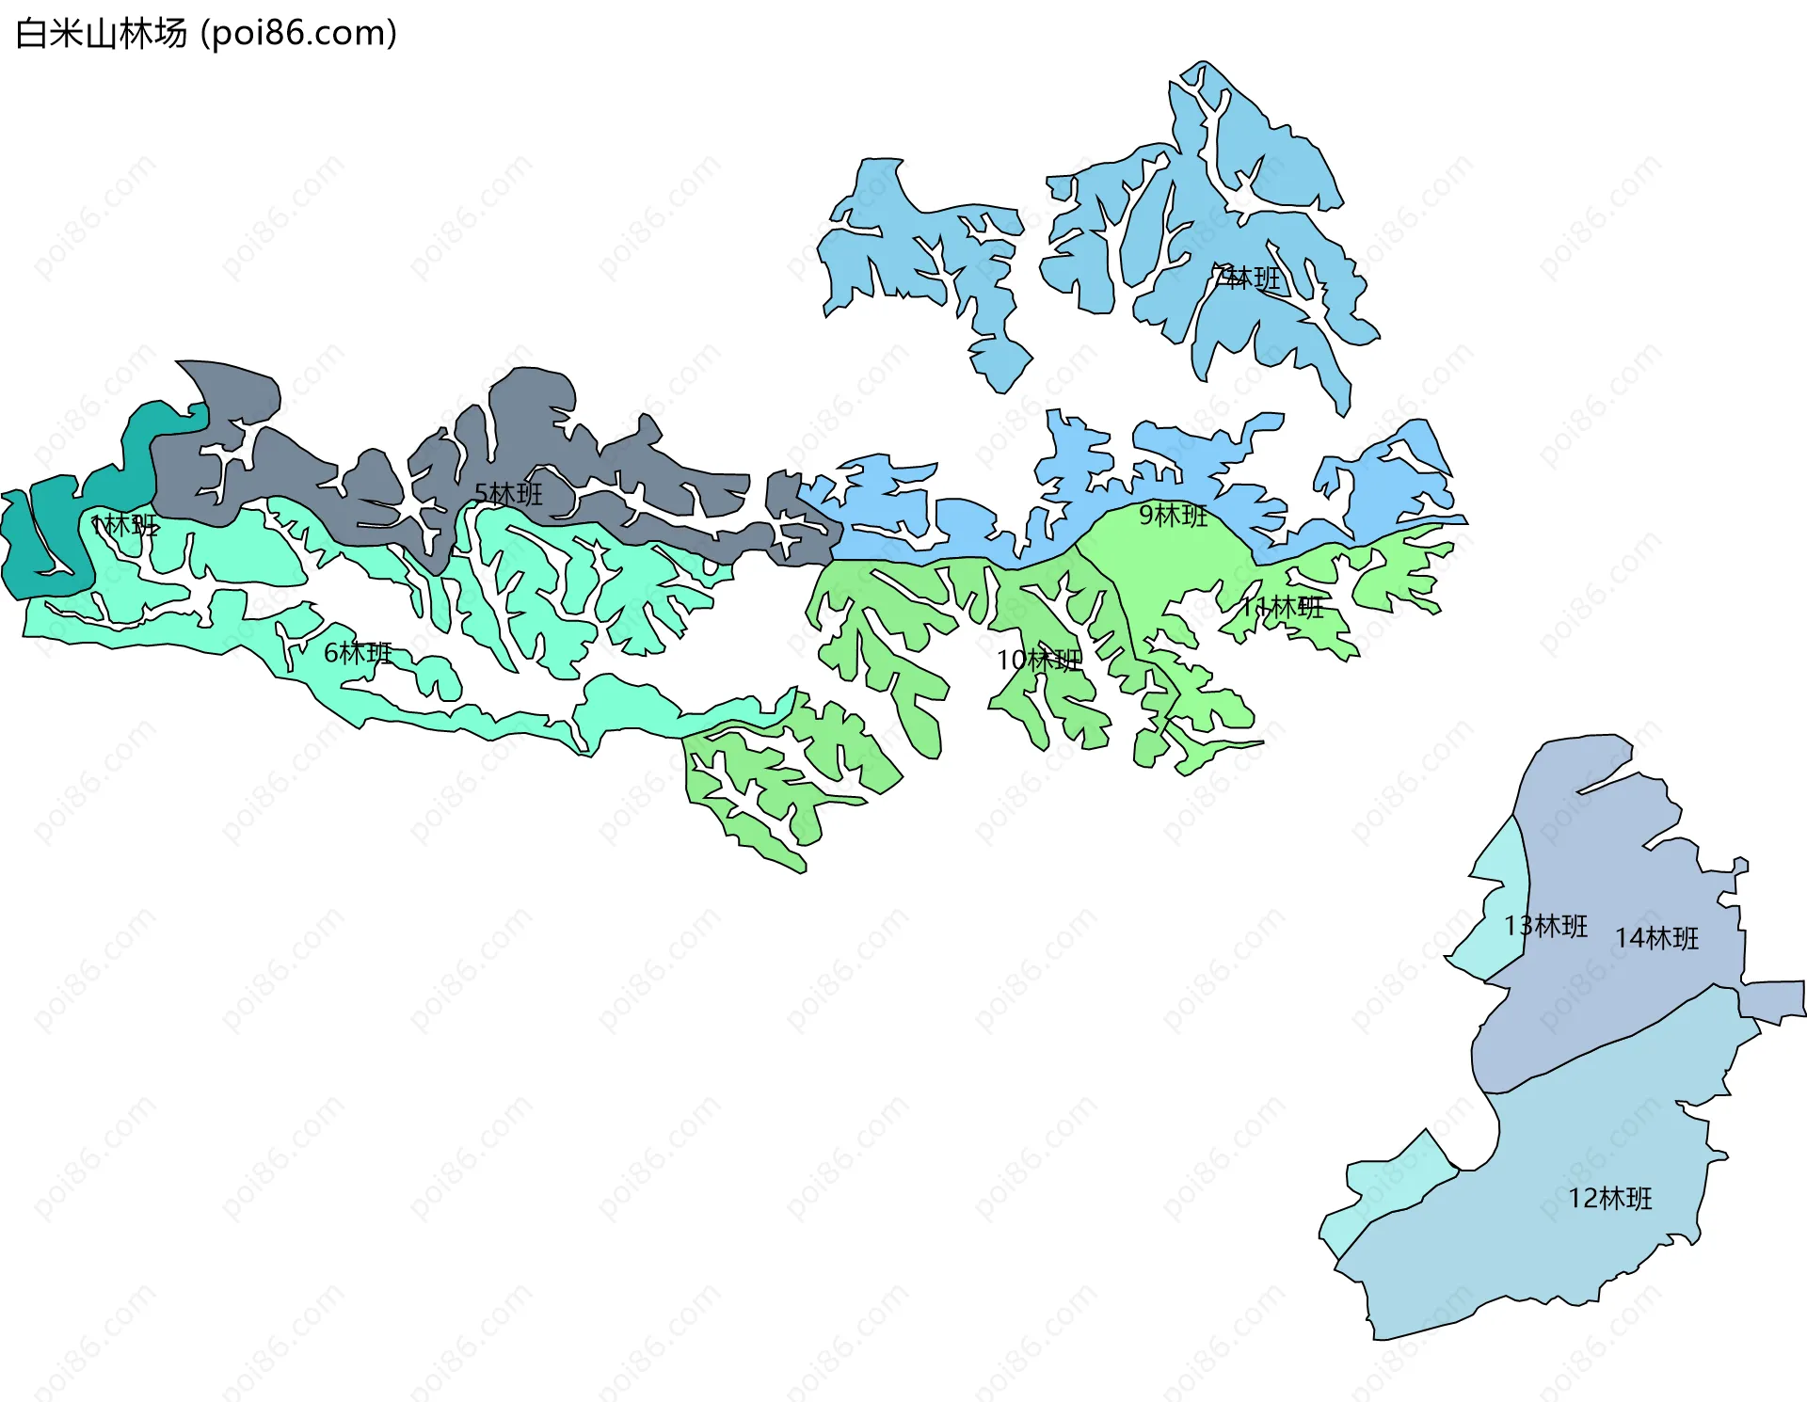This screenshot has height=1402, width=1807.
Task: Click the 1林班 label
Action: tap(125, 525)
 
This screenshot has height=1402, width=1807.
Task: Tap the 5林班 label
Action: tap(508, 494)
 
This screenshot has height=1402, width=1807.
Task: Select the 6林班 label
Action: tap(358, 653)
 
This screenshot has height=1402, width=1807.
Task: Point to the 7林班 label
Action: tap(1247, 279)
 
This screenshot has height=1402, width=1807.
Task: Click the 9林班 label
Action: tap(1174, 516)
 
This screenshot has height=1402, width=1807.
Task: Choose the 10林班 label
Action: tap(1039, 661)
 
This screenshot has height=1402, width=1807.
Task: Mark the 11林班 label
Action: tap(1282, 607)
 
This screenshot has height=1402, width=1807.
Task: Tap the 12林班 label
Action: tap(1609, 1199)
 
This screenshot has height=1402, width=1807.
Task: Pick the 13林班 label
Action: tap(1545, 927)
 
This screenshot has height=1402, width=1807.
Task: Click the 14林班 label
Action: tap(1656, 938)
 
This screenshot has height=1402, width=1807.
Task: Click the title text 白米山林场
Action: tap(102, 34)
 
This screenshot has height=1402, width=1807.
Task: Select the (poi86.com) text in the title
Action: tap(299, 34)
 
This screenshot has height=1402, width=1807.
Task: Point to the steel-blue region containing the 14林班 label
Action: tap(1600, 997)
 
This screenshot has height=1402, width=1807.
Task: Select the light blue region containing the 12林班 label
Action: tap(1553, 1242)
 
